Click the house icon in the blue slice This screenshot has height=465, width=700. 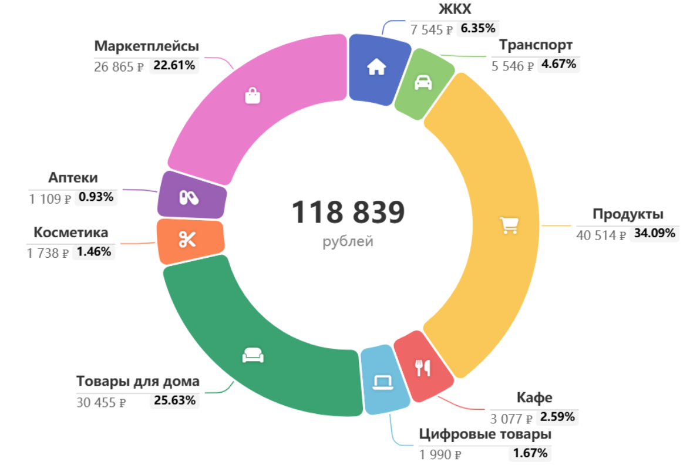376,67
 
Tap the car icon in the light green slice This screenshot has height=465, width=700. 423,82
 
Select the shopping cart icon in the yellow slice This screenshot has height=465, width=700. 509,225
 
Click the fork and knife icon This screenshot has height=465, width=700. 422,368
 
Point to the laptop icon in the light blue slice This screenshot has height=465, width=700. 383,382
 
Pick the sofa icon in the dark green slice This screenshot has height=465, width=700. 253,355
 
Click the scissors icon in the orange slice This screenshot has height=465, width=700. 187,239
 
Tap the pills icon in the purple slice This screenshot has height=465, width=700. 189,197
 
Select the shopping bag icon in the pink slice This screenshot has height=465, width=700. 253,96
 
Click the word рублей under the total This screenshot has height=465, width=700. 348,241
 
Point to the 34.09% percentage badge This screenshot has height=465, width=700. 654,233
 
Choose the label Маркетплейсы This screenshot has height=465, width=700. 146,46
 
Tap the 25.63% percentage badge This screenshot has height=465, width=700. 174,400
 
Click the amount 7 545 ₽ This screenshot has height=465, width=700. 431,29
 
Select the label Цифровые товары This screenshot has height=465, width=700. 485,434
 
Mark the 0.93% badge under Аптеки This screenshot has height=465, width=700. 96,197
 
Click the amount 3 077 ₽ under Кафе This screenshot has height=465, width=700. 511,419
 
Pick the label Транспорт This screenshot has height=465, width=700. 536,45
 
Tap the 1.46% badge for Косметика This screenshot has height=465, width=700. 94,252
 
